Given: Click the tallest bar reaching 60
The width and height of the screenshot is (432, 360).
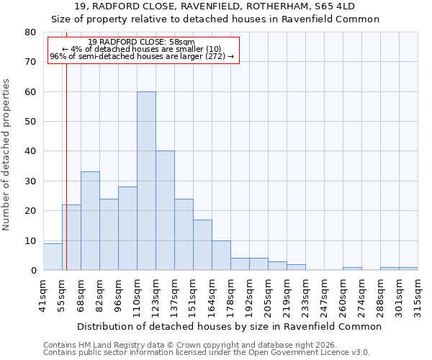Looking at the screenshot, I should (146, 181).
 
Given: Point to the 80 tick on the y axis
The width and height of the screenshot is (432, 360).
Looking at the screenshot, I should (30, 32).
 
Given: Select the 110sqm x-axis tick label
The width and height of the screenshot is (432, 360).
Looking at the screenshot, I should (137, 293).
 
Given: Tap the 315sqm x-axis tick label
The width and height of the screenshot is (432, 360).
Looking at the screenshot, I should (418, 293).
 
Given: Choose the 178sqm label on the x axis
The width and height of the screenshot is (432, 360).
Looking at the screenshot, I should (230, 293).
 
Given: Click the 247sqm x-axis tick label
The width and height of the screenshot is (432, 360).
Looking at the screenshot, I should (324, 293).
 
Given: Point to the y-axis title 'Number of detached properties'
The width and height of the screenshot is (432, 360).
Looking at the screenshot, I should (6, 151).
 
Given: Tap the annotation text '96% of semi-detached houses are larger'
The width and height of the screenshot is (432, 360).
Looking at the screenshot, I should (142, 56).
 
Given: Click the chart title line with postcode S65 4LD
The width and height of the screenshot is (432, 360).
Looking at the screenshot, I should (215, 6).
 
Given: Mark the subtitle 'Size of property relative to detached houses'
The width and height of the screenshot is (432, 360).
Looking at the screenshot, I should (215, 19).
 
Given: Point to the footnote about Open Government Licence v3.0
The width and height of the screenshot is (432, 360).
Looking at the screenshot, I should (207, 352).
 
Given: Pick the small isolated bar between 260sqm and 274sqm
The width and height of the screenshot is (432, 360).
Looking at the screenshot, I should (352, 269).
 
